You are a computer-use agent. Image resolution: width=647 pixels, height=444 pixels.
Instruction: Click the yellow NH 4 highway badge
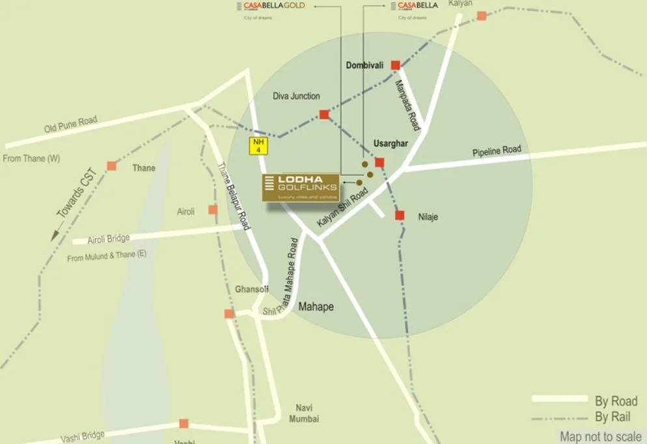coord(259,146)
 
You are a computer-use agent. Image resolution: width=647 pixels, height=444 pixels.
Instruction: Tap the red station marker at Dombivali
coord(395,65)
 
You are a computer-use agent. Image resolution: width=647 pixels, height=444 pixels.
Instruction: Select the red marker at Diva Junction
coord(324,115)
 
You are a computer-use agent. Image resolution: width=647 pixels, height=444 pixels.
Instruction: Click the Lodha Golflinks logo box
coord(301,187)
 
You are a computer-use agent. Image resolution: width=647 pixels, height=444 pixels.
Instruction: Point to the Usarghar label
coord(391,143)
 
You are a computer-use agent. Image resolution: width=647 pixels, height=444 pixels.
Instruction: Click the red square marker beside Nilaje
coord(400,215)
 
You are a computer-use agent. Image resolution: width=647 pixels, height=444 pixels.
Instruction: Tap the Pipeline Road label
coord(497,151)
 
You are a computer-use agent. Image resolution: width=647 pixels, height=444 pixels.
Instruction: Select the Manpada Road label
coord(407,105)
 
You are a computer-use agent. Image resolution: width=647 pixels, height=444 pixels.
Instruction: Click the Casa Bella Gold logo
coord(274,7)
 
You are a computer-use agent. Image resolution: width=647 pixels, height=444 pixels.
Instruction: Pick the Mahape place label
coord(316,306)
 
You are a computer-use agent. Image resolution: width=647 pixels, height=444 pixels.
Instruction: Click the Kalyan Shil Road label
coord(342,208)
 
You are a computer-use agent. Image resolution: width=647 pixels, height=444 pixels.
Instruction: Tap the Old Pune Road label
coord(70,124)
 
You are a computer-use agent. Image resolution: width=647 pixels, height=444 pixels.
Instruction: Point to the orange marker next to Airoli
coord(213,210)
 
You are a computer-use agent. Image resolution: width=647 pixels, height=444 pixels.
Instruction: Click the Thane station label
coord(144,168)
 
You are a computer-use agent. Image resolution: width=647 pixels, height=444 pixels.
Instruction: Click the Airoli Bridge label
coord(109,240)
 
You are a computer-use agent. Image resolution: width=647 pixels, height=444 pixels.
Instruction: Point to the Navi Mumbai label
coord(304,413)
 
